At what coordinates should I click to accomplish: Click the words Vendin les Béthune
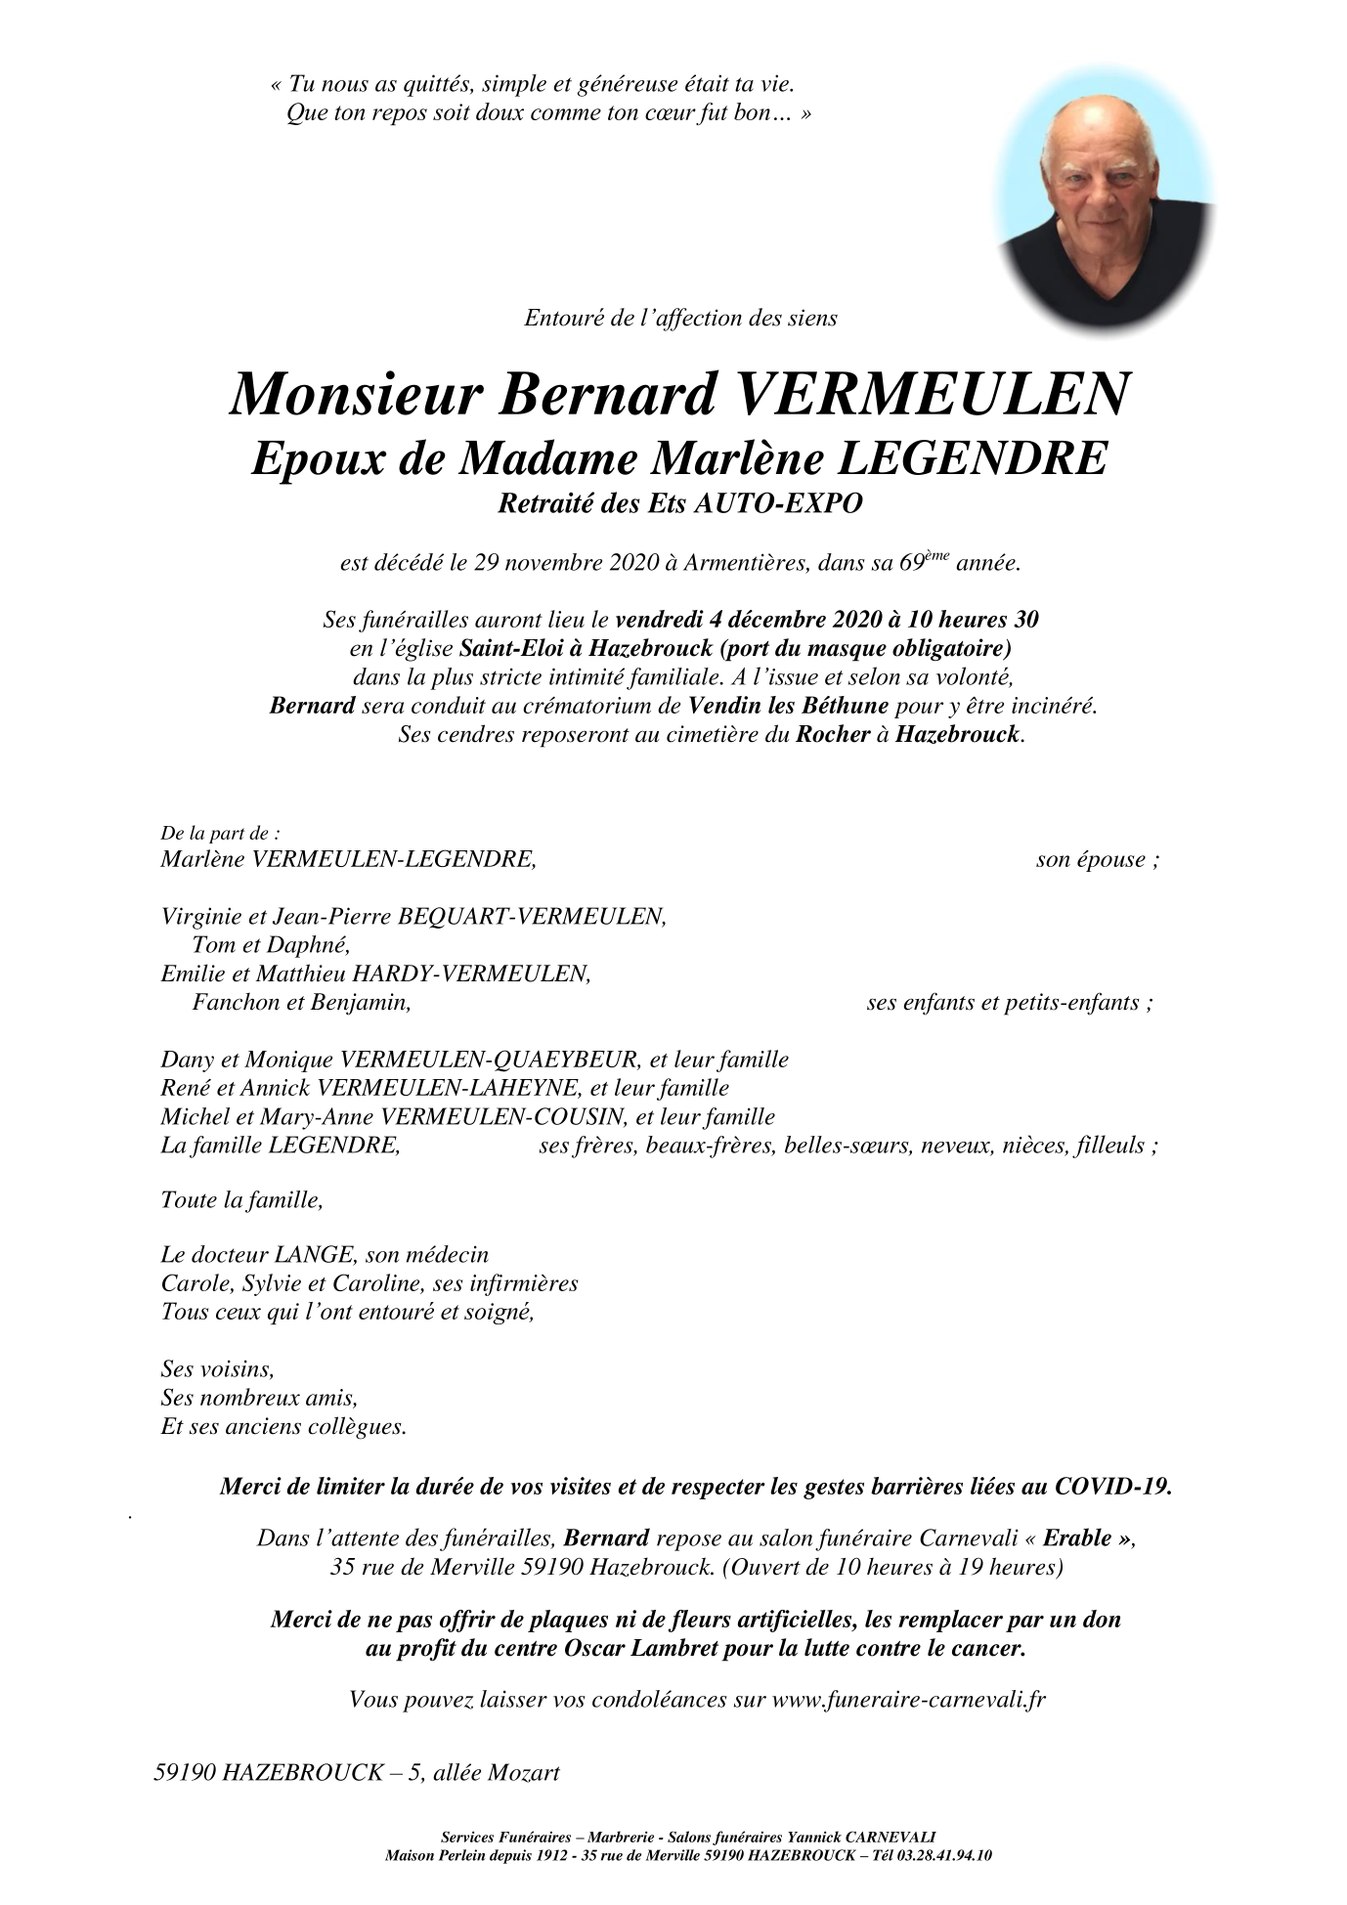(788, 706)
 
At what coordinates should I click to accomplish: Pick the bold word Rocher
(833, 734)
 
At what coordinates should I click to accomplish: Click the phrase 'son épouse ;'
(1097, 860)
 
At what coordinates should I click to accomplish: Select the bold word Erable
(1077, 1537)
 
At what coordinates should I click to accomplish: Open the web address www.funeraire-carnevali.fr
(908, 1699)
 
